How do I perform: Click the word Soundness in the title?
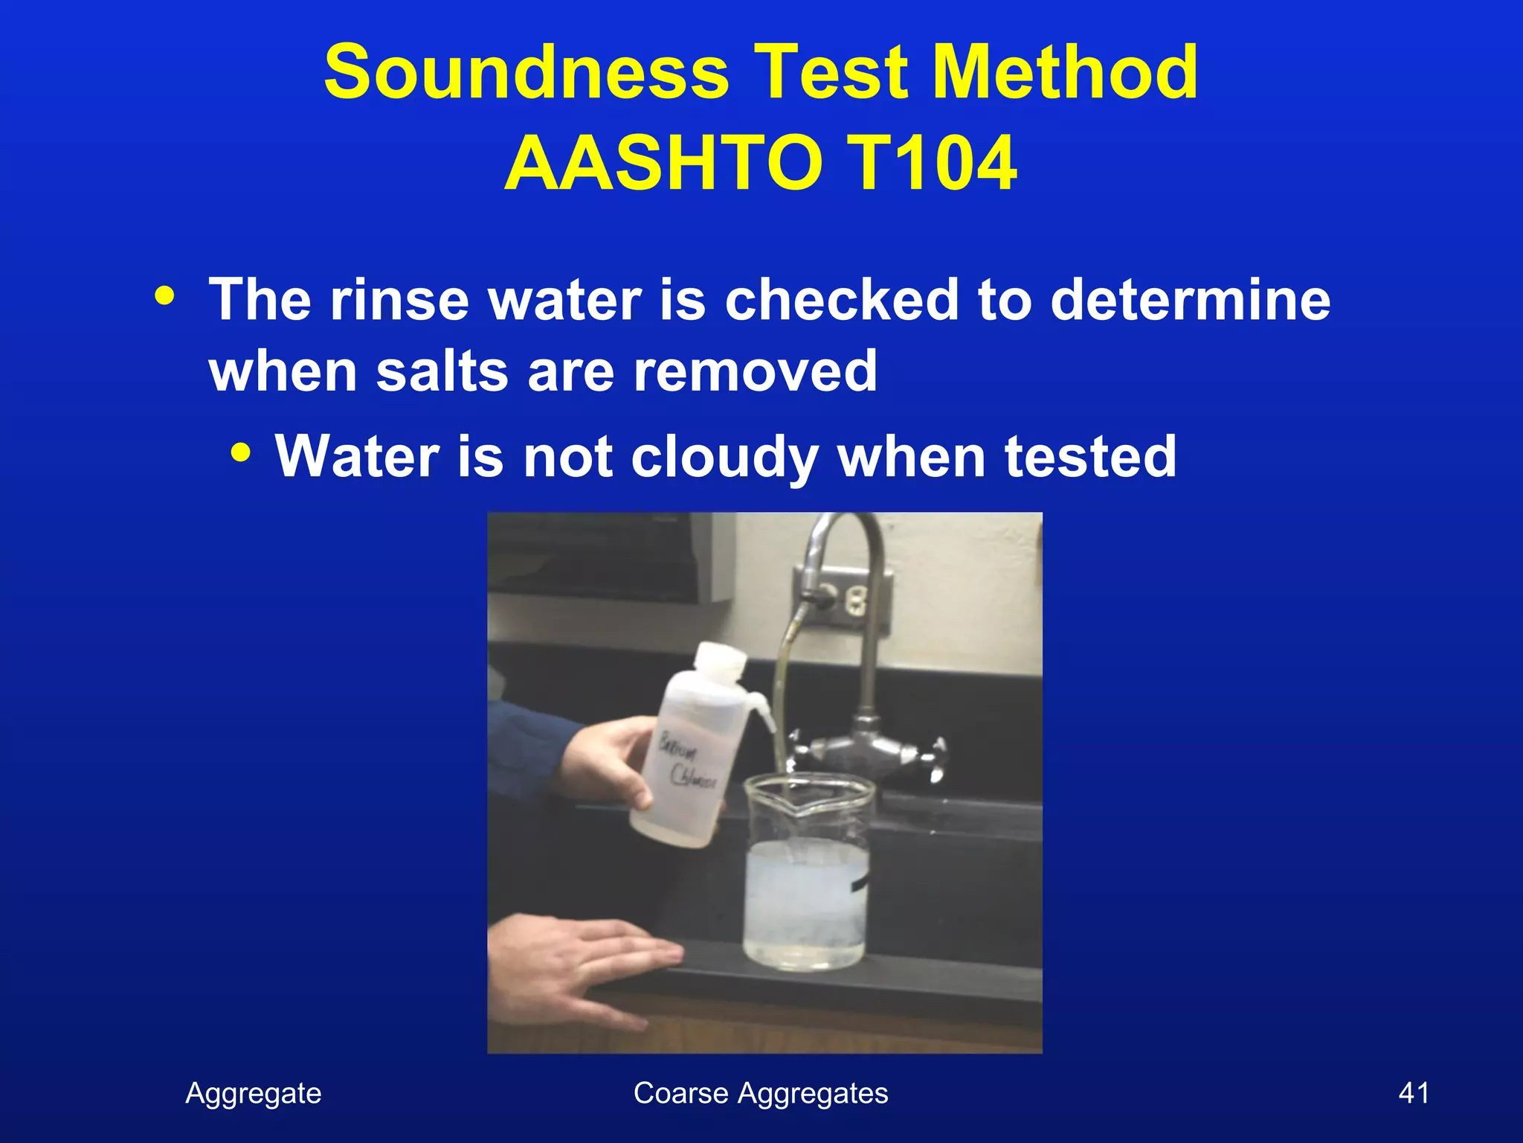tap(527, 71)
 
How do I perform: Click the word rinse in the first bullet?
tap(399, 299)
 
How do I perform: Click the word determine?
tap(1190, 299)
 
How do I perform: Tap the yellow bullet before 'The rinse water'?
tap(164, 296)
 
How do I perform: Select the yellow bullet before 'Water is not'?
tap(240, 452)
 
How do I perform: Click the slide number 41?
tap(1413, 1093)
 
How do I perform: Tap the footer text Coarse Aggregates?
tap(760, 1093)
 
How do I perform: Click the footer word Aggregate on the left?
tap(253, 1093)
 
